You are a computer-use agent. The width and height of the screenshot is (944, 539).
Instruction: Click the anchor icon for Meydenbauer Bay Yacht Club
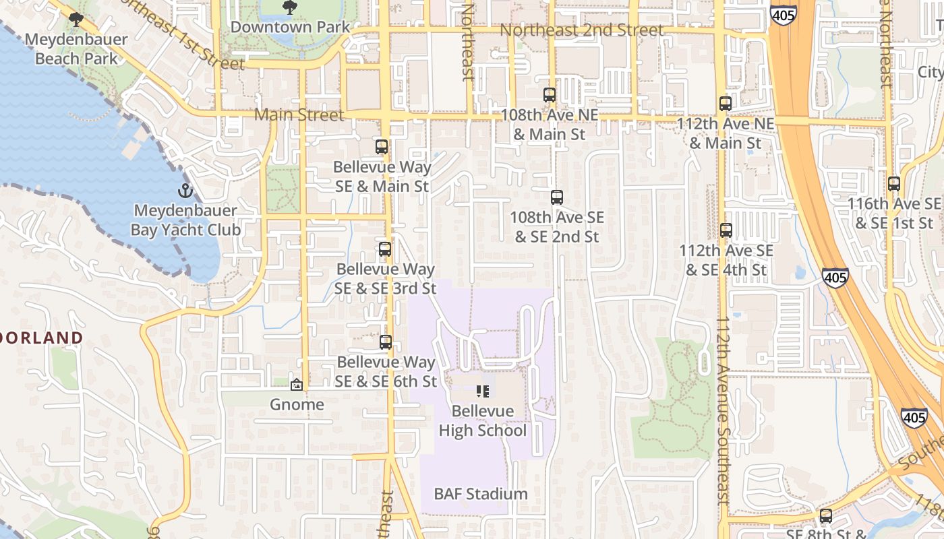click(x=185, y=191)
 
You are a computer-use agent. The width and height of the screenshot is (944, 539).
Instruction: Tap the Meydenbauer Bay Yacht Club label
click(x=185, y=220)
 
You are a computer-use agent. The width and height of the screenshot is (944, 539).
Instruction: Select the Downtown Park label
click(x=290, y=27)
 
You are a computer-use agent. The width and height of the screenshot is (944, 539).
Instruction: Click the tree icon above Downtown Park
click(x=290, y=7)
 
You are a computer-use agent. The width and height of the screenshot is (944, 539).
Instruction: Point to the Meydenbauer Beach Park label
click(x=76, y=49)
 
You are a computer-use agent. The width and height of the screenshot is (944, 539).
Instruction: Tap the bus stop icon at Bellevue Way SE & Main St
click(x=382, y=147)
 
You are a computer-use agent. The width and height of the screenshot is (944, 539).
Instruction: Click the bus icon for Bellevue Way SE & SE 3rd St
click(x=385, y=249)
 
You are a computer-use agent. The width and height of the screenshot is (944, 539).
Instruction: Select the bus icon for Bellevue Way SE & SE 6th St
click(x=386, y=342)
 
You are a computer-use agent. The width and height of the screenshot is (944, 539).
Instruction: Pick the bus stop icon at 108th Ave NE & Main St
click(x=550, y=95)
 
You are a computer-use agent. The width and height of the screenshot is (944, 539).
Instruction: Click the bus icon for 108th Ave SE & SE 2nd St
click(x=557, y=197)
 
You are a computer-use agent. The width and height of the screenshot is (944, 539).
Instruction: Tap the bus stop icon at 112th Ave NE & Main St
click(x=726, y=104)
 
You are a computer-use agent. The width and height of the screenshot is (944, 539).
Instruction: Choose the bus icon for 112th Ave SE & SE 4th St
click(x=726, y=230)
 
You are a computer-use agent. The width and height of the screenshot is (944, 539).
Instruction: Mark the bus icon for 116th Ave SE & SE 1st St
click(x=894, y=183)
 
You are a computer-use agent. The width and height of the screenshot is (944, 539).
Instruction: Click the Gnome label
click(x=297, y=405)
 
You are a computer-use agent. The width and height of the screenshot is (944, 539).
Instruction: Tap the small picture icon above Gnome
click(x=296, y=385)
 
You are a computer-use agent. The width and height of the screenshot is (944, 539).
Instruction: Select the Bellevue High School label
click(x=483, y=420)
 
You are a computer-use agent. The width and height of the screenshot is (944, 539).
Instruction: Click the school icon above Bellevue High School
click(x=482, y=391)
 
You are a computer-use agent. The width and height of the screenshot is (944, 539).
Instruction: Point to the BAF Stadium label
click(x=481, y=494)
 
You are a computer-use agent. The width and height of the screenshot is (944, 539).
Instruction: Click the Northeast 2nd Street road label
click(x=581, y=30)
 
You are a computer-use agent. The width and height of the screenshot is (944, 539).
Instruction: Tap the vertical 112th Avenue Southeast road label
click(x=722, y=411)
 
